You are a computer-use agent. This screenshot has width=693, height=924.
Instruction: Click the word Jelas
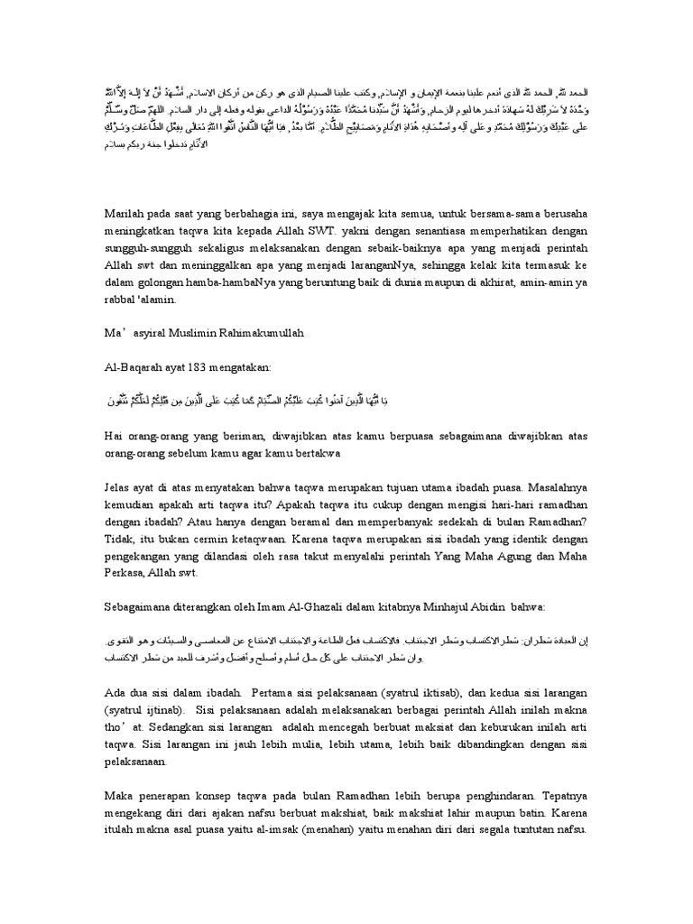point(122,488)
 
